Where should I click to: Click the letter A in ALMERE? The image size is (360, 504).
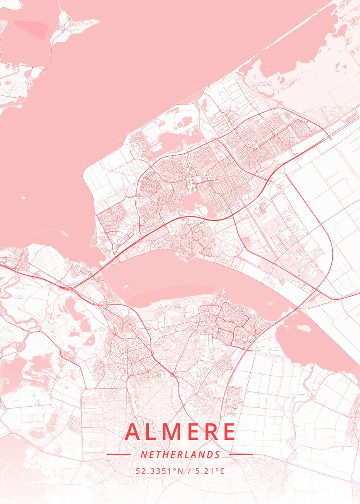point(134,432)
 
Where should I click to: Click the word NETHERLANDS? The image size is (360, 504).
point(180,454)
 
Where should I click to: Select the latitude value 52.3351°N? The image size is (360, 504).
point(160,471)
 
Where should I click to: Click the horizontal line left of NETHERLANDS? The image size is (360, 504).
point(119,454)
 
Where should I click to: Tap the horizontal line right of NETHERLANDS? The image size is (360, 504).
point(242,454)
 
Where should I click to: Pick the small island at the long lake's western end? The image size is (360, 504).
point(125,287)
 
